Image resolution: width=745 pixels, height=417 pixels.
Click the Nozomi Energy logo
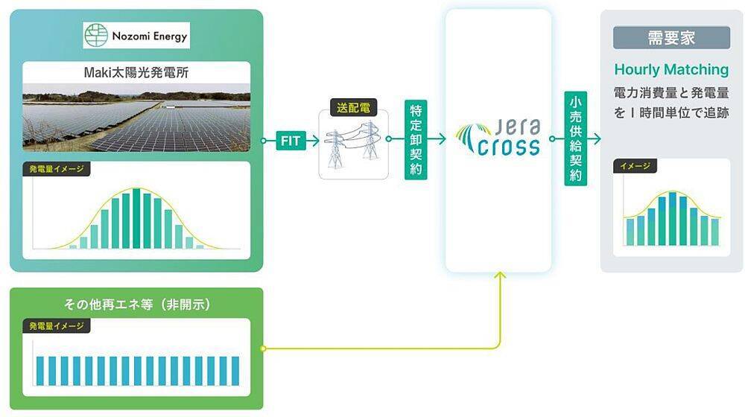[136, 35]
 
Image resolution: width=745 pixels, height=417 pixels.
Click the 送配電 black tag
[352, 108]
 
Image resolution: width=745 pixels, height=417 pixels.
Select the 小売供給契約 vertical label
[576, 140]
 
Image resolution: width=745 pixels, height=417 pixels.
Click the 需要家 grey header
[671, 37]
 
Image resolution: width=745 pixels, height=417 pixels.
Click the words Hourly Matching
[671, 69]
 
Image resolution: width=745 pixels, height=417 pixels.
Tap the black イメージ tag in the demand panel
[635, 166]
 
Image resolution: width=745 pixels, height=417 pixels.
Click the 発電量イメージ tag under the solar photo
[57, 169]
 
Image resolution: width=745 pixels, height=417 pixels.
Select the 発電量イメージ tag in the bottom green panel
[57, 326]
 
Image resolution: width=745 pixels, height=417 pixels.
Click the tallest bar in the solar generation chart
[136, 219]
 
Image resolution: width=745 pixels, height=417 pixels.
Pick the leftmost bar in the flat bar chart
[41, 370]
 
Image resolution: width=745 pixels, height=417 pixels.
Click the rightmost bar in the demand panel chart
[715, 232]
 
